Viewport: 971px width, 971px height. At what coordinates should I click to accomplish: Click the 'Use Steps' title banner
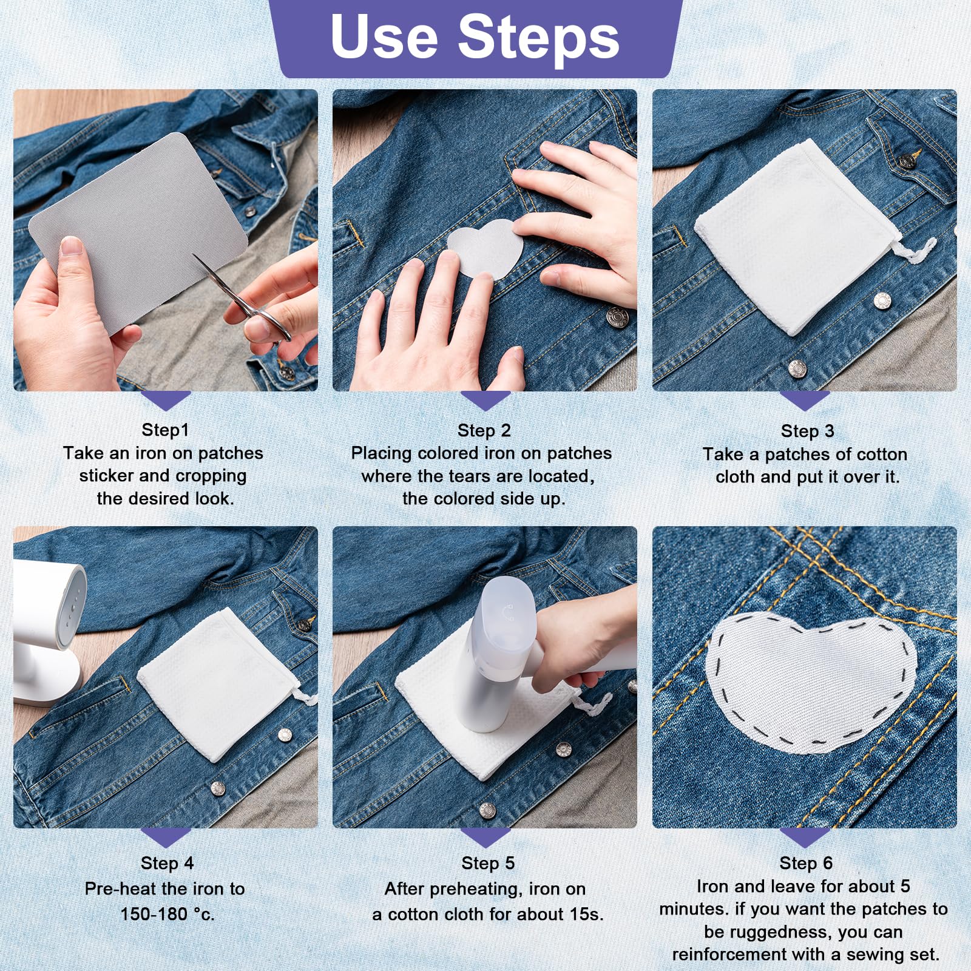[476, 38]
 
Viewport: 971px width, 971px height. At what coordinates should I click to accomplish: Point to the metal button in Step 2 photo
[618, 317]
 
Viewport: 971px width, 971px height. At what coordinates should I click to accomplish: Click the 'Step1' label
[165, 430]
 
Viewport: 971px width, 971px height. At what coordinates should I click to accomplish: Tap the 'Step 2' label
[484, 430]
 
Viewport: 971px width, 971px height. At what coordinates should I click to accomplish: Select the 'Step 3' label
[807, 431]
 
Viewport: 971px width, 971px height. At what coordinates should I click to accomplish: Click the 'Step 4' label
[167, 863]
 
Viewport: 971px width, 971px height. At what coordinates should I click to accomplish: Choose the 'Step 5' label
[488, 863]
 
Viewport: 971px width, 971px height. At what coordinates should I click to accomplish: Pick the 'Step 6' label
[806, 863]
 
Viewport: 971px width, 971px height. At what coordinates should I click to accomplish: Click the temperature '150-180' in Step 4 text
[154, 913]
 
